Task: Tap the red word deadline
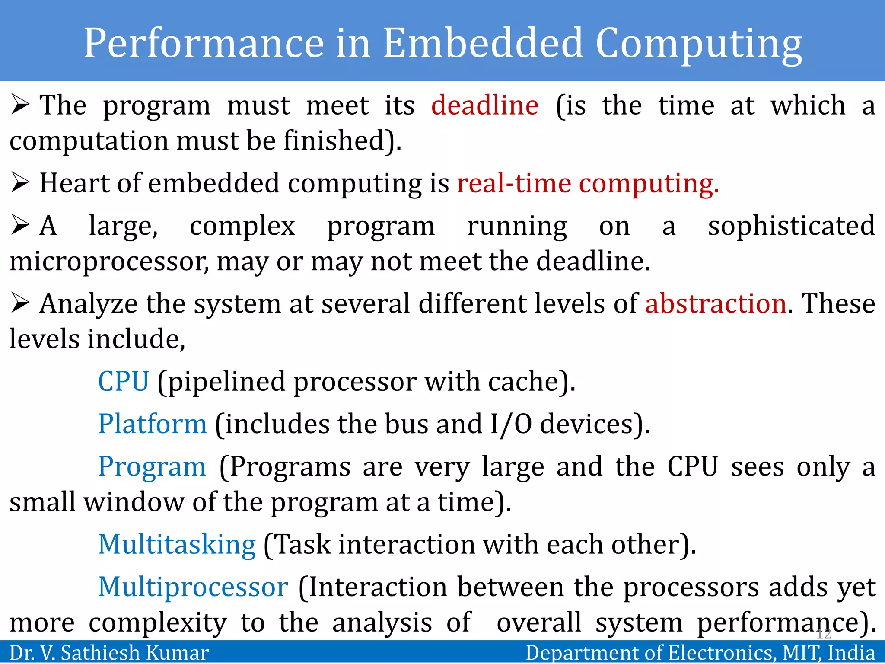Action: click(485, 105)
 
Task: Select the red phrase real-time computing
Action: click(588, 183)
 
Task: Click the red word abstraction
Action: click(716, 303)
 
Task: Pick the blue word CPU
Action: click(124, 381)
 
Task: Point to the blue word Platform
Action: click(153, 424)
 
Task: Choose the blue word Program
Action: click(152, 466)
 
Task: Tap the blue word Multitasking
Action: click(177, 544)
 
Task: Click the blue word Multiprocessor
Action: click(193, 587)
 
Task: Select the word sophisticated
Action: click(791, 226)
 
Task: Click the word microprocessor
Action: click(109, 262)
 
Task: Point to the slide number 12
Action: click(824, 634)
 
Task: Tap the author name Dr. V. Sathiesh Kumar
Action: click(109, 652)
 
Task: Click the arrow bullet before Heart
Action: click(20, 183)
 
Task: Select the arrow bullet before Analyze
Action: click(20, 303)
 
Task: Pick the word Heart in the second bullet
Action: click(74, 183)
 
